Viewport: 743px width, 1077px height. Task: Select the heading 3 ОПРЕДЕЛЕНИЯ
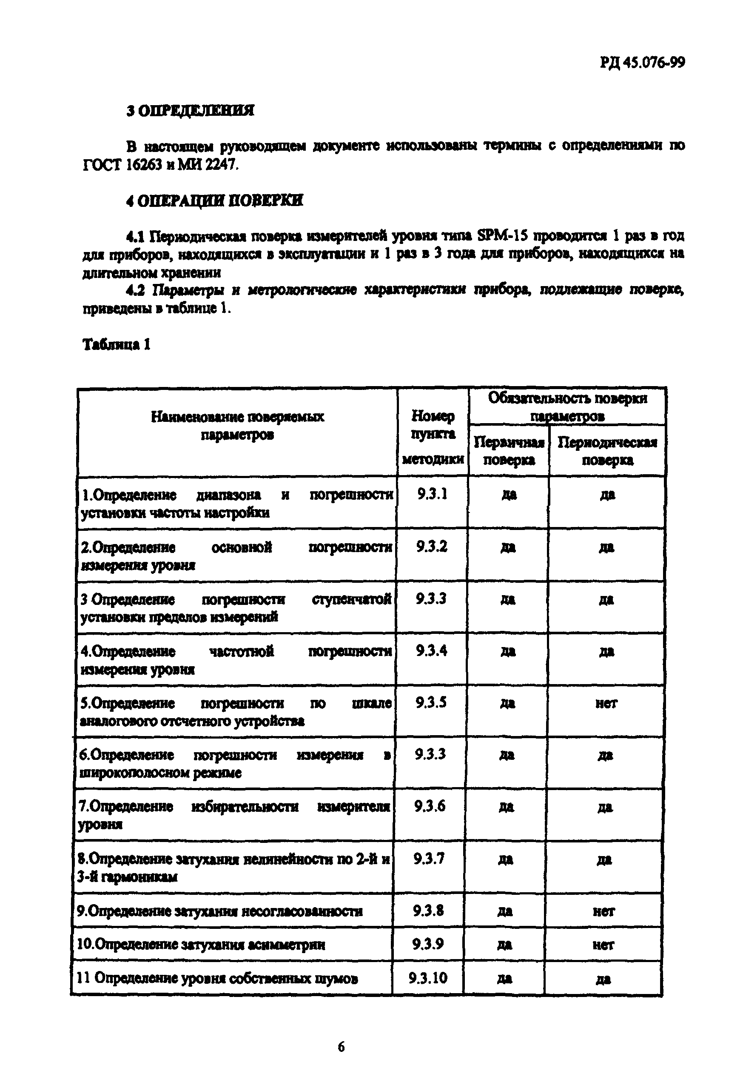191,111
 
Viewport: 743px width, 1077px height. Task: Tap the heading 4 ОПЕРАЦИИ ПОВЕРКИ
215,201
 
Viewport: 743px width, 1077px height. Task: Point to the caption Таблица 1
117,344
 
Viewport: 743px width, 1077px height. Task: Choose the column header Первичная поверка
509,451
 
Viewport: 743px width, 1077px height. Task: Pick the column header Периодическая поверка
607,451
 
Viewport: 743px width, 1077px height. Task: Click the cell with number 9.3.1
433,494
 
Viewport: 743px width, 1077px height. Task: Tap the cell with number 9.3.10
428,977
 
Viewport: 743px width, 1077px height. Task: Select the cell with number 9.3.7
429,858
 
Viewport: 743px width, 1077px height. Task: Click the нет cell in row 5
606,703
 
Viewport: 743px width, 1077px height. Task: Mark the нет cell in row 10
604,944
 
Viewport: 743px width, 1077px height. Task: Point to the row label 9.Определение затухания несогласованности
220,911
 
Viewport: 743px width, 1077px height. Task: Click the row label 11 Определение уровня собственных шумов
217,978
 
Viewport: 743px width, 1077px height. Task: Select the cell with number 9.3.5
431,702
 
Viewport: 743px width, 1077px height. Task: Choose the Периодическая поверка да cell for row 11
603,978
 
